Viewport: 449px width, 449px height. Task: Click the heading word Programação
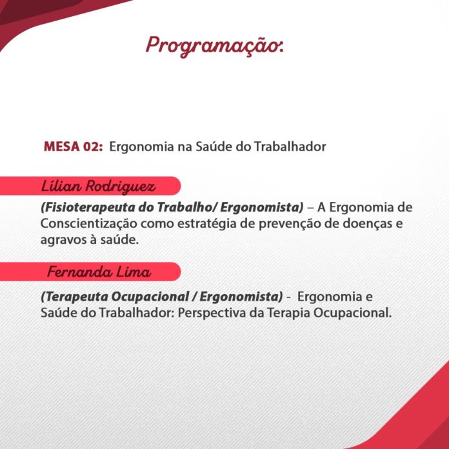point(214,46)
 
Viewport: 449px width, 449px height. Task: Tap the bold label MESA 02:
point(74,146)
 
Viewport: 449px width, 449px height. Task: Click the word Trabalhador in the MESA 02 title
point(290,146)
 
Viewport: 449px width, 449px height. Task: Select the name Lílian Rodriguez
point(98,186)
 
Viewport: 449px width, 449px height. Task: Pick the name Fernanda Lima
point(99,272)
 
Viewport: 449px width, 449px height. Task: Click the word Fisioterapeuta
point(88,207)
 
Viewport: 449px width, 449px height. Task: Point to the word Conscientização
point(89,224)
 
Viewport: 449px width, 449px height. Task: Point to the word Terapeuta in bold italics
point(74,297)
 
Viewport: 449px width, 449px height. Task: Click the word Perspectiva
point(212,313)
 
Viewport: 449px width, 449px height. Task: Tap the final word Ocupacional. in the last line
point(352,313)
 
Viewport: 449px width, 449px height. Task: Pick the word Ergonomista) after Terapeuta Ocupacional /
point(241,297)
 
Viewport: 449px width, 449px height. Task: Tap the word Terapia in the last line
point(288,313)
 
